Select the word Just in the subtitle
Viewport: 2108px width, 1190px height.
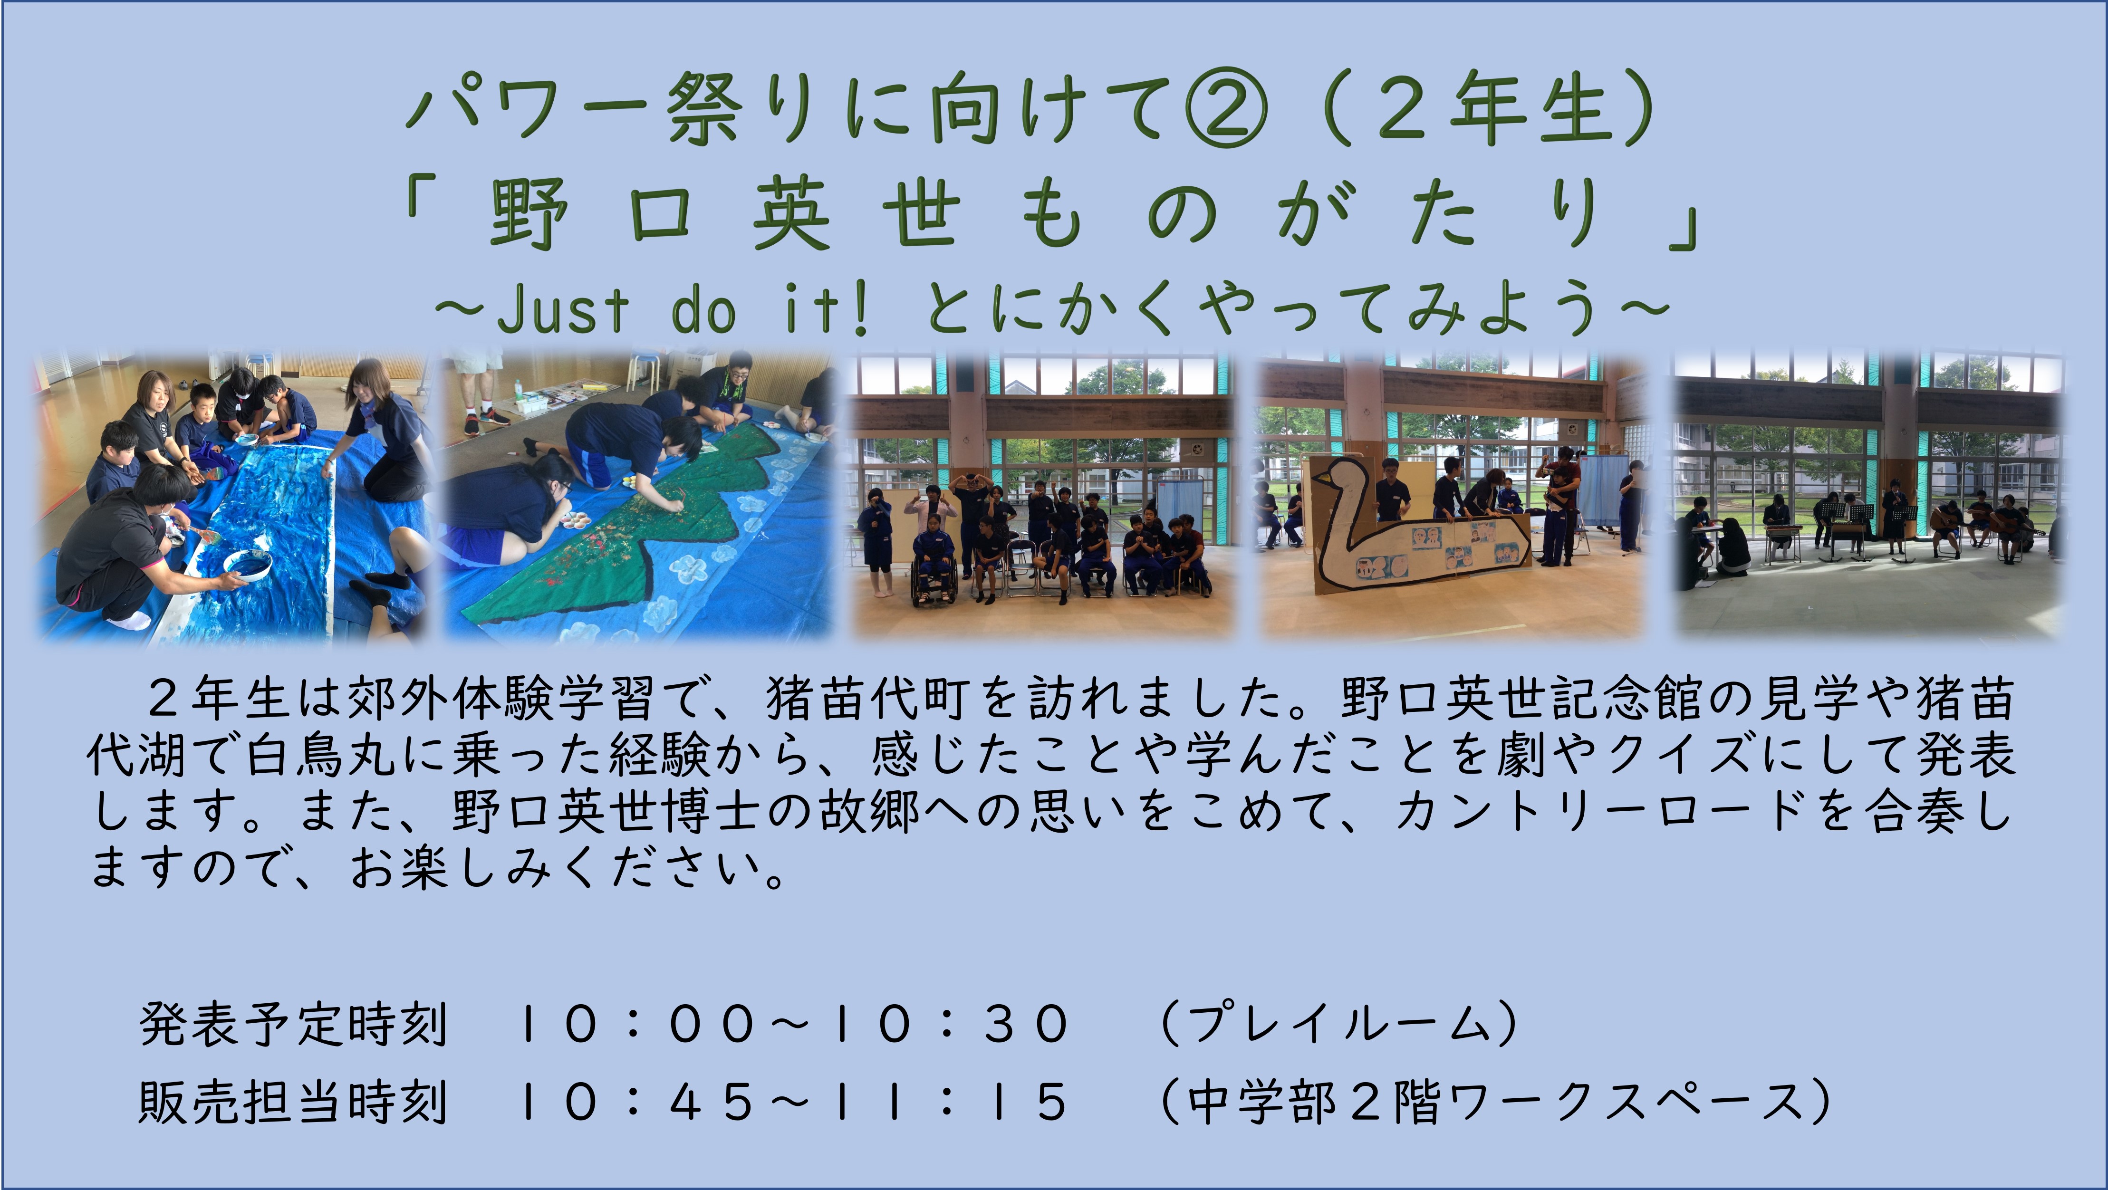[563, 310]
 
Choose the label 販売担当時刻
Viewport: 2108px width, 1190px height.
[293, 1101]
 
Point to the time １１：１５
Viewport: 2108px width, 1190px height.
[949, 1101]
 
